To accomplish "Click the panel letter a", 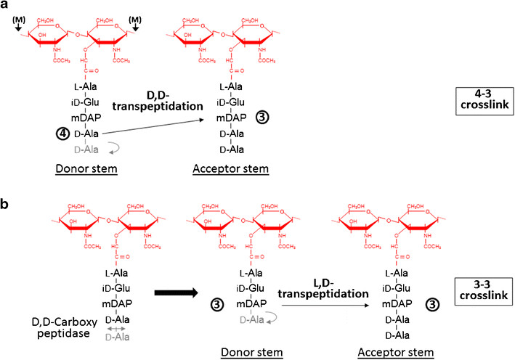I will pyautogui.click(x=6, y=7).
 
